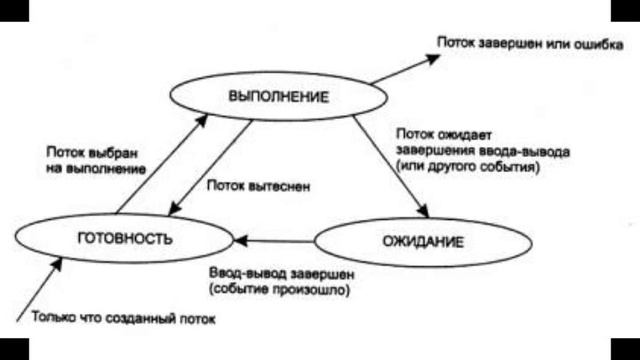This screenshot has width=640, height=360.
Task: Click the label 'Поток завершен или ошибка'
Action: [x=523, y=44]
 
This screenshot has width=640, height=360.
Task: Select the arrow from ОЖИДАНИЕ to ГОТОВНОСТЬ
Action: [x=274, y=241]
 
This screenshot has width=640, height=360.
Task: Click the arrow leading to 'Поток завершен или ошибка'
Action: [x=405, y=67]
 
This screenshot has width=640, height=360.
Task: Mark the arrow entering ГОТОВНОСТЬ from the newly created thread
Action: [x=40, y=285]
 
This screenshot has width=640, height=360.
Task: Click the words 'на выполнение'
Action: [x=96, y=169]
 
